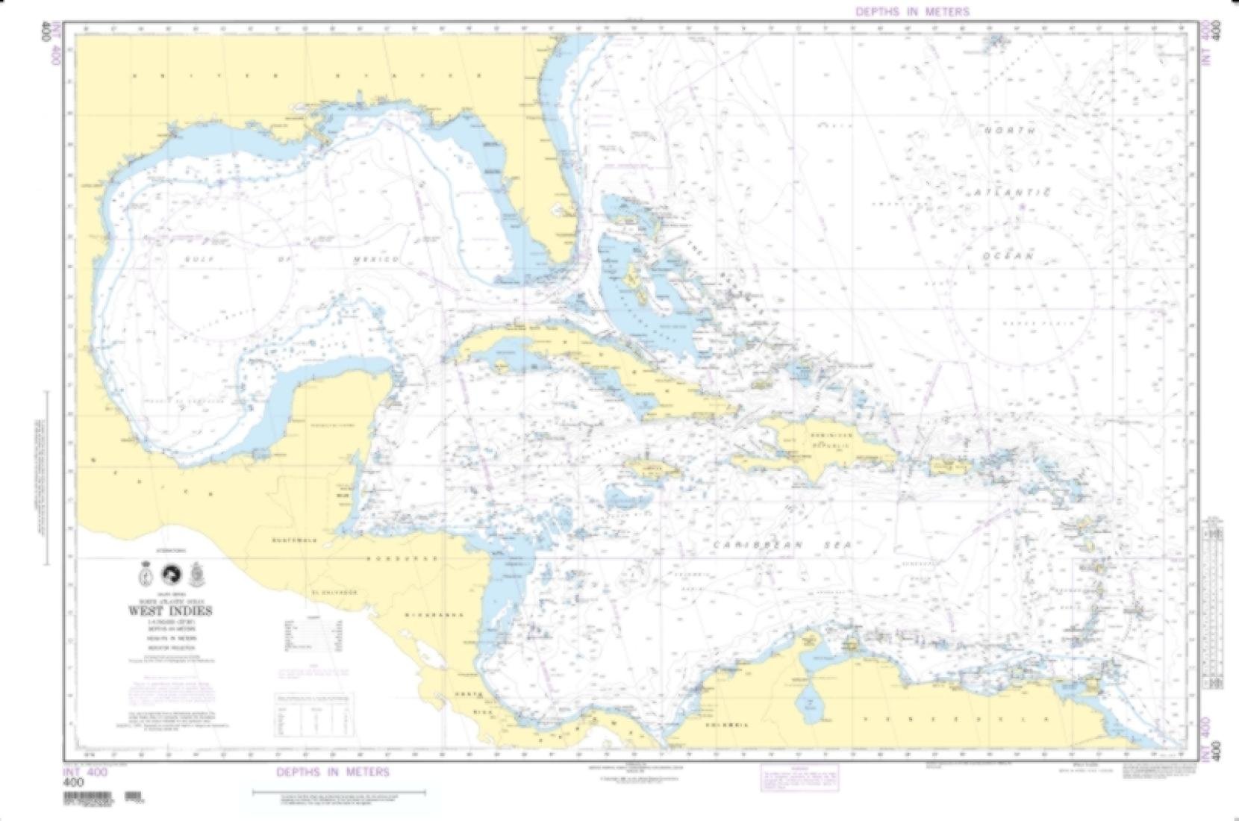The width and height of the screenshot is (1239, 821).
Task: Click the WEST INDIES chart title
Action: (170, 611)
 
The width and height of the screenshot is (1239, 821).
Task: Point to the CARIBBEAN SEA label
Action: (781, 546)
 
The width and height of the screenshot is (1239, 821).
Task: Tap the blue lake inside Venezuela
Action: (807, 702)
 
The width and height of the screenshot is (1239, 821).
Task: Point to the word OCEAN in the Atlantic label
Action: (1008, 255)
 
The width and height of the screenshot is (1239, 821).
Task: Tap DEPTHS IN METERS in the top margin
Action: (912, 11)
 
